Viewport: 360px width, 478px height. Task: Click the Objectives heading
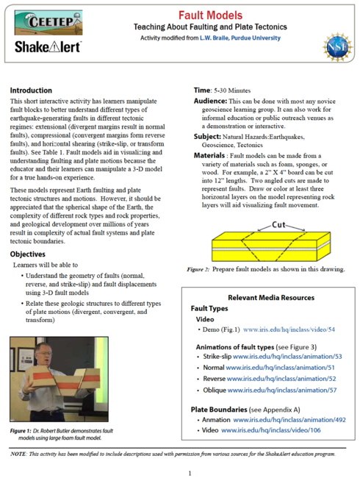30,252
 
